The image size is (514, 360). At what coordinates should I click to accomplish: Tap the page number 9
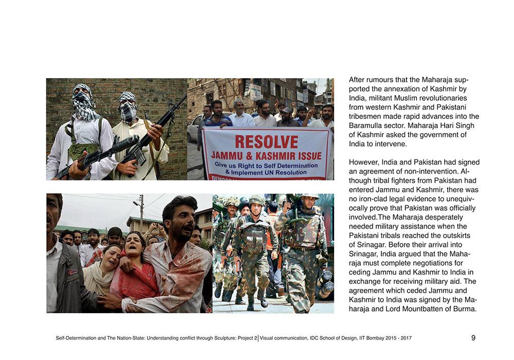(x=473, y=338)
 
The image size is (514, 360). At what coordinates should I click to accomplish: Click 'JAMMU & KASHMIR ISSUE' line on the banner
(x=266, y=155)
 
